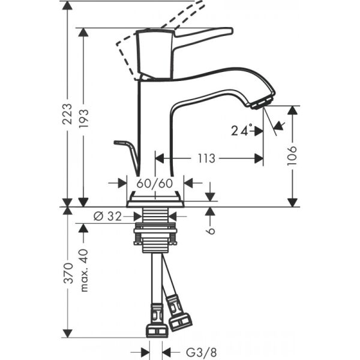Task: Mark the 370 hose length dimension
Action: point(68,273)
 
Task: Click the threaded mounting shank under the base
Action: point(155,231)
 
